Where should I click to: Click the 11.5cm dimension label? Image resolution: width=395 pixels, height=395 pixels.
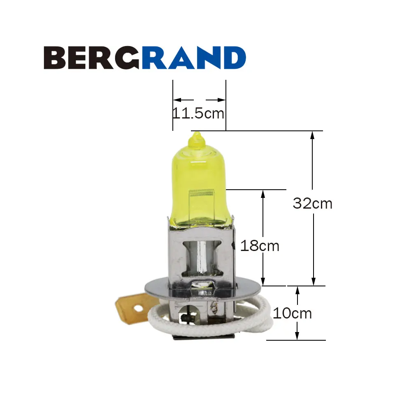click(x=198, y=114)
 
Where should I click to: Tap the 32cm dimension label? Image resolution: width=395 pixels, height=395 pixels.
click(x=312, y=203)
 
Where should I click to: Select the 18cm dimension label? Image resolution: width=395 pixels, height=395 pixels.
click(x=260, y=246)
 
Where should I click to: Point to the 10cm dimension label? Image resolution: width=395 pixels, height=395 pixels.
click(x=292, y=313)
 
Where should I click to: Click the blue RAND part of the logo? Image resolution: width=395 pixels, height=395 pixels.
click(x=194, y=58)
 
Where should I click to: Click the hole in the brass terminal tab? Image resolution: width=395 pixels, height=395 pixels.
click(x=137, y=308)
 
